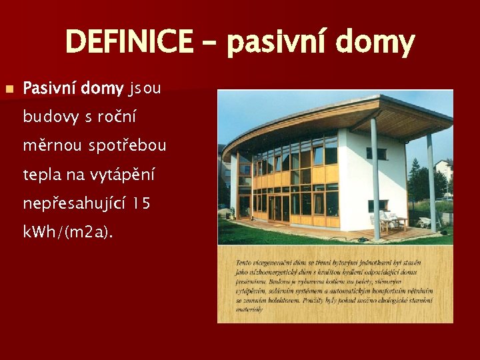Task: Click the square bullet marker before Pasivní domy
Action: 9,89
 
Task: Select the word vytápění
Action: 123,175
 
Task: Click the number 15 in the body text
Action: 141,203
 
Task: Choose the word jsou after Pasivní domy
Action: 145,88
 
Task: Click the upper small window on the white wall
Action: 377,153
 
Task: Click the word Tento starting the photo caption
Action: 245,264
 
